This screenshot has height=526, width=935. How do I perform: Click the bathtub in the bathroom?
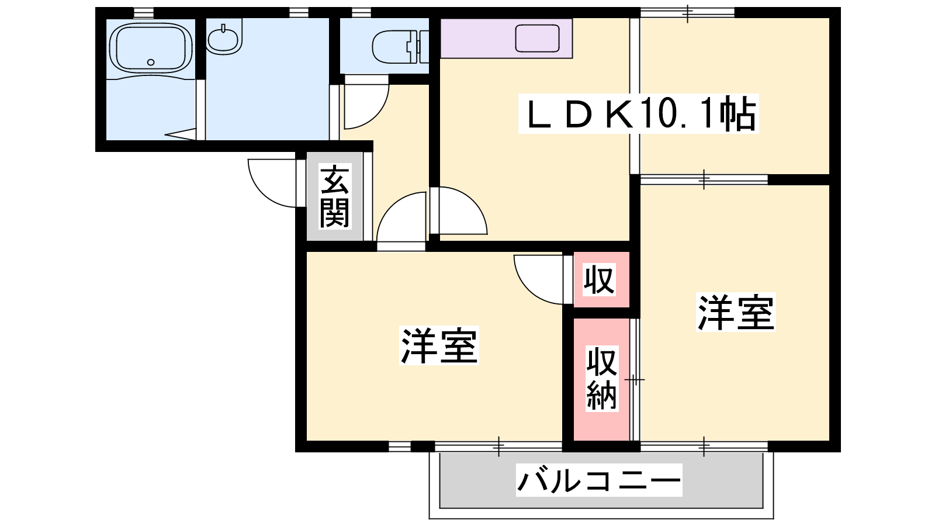[x=151, y=49]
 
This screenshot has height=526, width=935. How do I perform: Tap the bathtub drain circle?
[x=151, y=63]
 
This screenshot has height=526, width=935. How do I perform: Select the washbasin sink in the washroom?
[x=224, y=37]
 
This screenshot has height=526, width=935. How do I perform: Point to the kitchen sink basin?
[x=537, y=39]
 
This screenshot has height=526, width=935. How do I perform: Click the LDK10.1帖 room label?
[x=639, y=114]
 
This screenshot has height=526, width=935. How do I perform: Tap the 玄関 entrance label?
[x=334, y=196]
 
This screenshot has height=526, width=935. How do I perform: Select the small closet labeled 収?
[x=601, y=280]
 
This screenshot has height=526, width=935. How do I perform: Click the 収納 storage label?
[x=601, y=378]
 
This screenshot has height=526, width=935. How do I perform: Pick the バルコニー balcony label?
[x=599, y=480]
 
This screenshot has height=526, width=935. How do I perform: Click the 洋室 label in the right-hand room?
[x=736, y=312]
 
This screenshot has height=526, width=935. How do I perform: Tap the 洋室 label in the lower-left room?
[x=439, y=345]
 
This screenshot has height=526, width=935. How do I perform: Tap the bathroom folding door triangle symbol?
[x=181, y=134]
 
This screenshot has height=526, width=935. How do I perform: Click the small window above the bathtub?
[x=144, y=13]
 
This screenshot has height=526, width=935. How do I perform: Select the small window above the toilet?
[x=361, y=13]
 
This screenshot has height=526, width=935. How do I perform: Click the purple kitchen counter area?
[x=506, y=39]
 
